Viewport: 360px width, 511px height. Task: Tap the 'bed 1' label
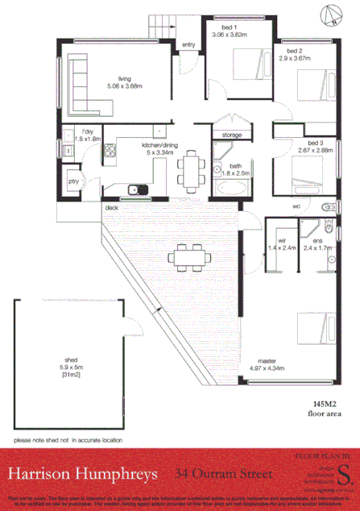click(216, 27)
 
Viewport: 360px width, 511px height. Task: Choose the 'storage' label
click(230, 135)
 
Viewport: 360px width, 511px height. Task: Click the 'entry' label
click(189, 45)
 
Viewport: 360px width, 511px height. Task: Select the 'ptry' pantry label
click(74, 182)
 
